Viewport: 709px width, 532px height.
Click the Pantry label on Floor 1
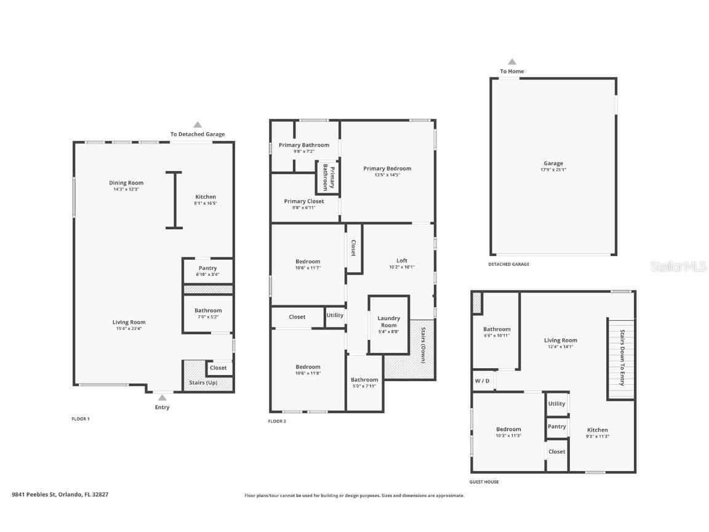click(207, 268)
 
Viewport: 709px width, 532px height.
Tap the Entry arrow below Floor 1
click(162, 398)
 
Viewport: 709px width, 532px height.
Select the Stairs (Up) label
click(203, 382)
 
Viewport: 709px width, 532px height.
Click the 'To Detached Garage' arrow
click(198, 124)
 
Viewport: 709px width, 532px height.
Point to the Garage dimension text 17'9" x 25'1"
click(553, 169)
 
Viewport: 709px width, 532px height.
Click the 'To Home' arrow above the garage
click(511, 62)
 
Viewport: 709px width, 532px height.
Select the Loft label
click(402, 260)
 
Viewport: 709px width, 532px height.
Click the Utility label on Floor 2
click(335, 315)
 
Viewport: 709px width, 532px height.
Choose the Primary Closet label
click(303, 201)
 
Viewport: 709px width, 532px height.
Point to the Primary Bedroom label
click(387, 168)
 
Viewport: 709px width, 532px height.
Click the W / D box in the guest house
click(483, 380)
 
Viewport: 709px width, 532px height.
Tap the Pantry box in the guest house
click(557, 427)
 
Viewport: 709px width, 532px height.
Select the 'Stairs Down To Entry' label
click(622, 358)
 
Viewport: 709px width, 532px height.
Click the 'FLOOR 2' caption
click(277, 421)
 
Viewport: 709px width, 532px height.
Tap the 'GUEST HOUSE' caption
click(484, 482)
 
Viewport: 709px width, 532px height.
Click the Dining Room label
click(126, 183)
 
